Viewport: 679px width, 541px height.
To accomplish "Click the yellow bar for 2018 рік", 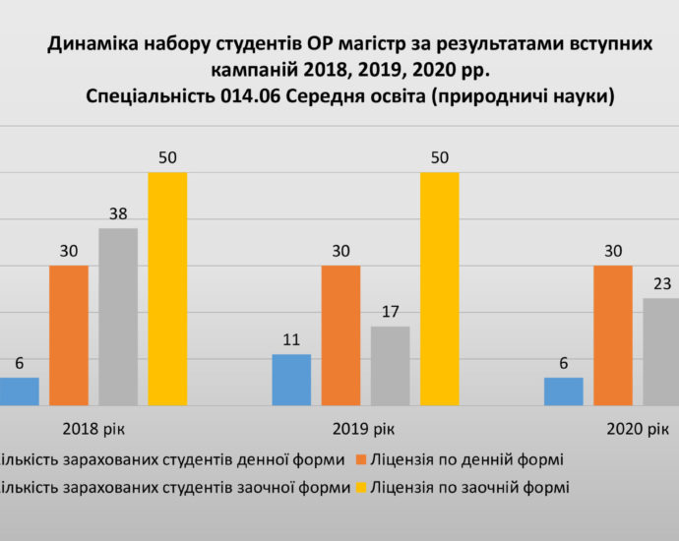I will tap(167, 288).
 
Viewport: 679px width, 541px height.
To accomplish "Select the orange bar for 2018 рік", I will tap(69, 334).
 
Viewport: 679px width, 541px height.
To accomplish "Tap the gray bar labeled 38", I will tap(118, 316).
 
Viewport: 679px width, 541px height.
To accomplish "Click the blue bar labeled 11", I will tap(291, 379).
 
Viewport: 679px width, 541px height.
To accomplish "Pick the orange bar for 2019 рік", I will tap(340, 334).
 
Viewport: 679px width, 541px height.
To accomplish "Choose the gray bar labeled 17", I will tap(391, 365).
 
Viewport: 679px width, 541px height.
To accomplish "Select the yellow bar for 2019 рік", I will tap(440, 288).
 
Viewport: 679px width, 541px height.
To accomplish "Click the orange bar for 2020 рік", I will tap(613, 334).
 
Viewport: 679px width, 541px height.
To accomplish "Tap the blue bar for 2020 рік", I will tap(563, 391).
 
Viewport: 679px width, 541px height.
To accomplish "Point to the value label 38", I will tap(118, 213).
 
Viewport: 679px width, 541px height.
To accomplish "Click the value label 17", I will tap(391, 312).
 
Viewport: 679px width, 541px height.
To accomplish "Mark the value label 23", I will tap(662, 284).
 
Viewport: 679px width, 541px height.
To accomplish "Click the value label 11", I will tap(291, 339).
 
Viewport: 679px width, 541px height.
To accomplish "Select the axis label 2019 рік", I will tap(365, 430).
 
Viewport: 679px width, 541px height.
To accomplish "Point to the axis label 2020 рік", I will tap(637, 430).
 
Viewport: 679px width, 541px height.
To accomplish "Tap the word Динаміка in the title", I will tap(90, 44).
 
